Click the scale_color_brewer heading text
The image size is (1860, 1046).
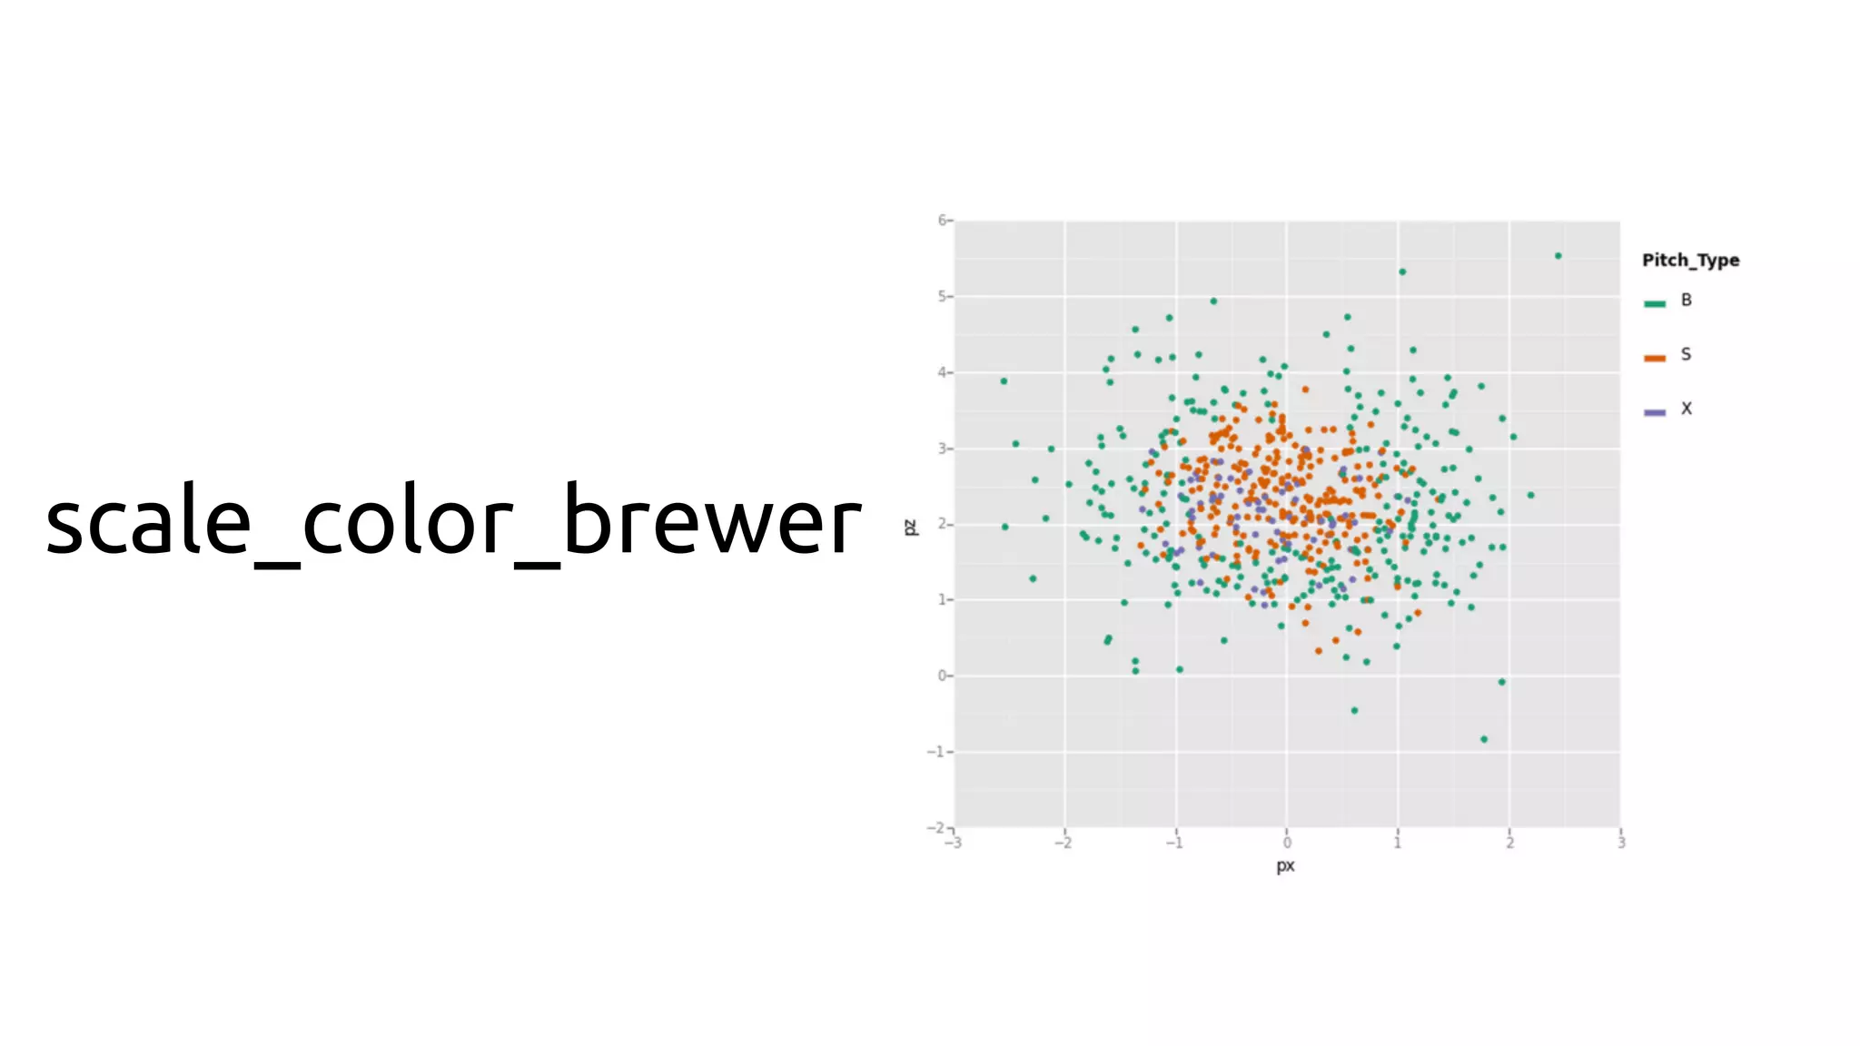click(452, 521)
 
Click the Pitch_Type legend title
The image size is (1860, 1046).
click(1690, 260)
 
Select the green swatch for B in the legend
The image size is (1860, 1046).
click(1655, 303)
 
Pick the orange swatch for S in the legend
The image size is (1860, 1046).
click(1655, 358)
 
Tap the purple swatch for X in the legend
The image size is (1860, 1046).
click(1655, 412)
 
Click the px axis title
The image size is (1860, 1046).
click(1285, 865)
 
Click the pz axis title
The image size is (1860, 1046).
click(911, 527)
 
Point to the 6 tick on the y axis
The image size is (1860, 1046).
click(943, 220)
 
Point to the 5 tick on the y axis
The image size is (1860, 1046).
click(943, 296)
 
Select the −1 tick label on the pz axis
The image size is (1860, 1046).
click(937, 752)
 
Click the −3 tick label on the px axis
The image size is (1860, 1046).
click(953, 844)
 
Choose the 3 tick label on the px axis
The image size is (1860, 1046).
click(1621, 844)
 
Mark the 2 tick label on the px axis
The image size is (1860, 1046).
click(1509, 844)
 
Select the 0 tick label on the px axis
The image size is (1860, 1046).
click(1287, 844)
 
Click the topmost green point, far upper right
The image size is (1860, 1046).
click(1558, 256)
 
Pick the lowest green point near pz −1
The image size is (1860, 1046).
click(1484, 739)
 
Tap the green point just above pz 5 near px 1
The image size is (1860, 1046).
click(1402, 271)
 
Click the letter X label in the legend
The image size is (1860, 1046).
click(1687, 409)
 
